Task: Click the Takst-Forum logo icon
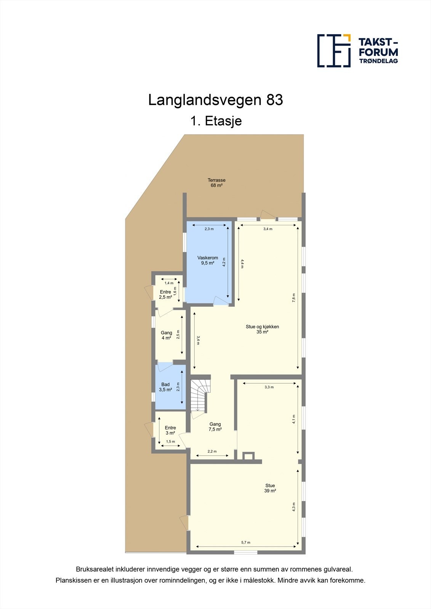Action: pyautogui.click(x=334, y=51)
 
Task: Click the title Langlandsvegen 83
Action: pyautogui.click(x=215, y=100)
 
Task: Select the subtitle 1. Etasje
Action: pyautogui.click(x=216, y=121)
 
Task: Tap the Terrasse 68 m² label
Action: pyautogui.click(x=216, y=183)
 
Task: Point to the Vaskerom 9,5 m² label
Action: pyautogui.click(x=208, y=260)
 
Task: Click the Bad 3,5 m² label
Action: pyautogui.click(x=165, y=387)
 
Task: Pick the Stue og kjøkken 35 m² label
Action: pyautogui.click(x=262, y=329)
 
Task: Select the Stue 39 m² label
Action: pyautogui.click(x=270, y=488)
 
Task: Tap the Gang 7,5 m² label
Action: pyautogui.click(x=215, y=427)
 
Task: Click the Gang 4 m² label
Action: pyautogui.click(x=166, y=335)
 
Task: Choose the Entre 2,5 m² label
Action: pyautogui.click(x=165, y=295)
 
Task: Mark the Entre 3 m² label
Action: pyautogui.click(x=170, y=430)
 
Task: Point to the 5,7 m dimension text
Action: pyautogui.click(x=246, y=542)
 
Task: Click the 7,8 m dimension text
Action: pyautogui.click(x=294, y=298)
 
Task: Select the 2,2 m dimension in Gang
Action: pyautogui.click(x=212, y=451)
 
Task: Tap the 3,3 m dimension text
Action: pyautogui.click(x=269, y=387)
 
